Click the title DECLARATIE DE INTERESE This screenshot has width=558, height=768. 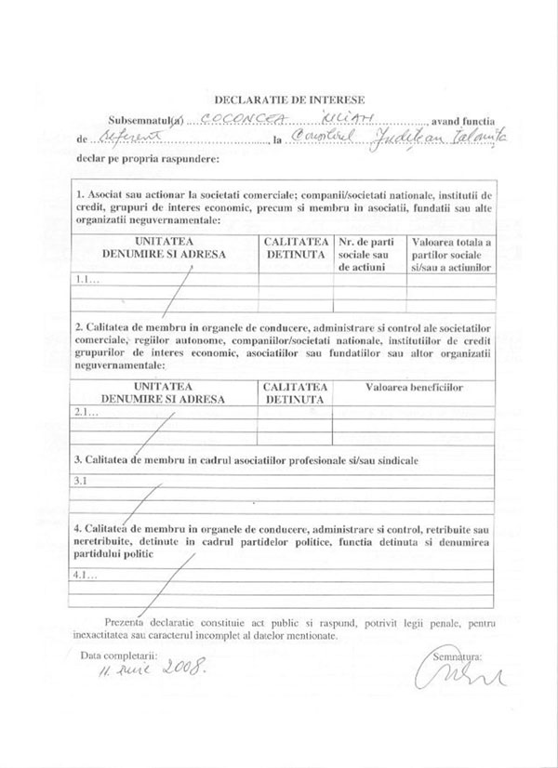coord(289,98)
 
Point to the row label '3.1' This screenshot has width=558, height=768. coord(81,481)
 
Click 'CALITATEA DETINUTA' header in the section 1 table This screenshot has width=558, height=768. coord(295,246)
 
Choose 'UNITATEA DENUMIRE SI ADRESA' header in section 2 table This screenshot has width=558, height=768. coord(164,391)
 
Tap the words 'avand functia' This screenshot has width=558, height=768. coord(467,122)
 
